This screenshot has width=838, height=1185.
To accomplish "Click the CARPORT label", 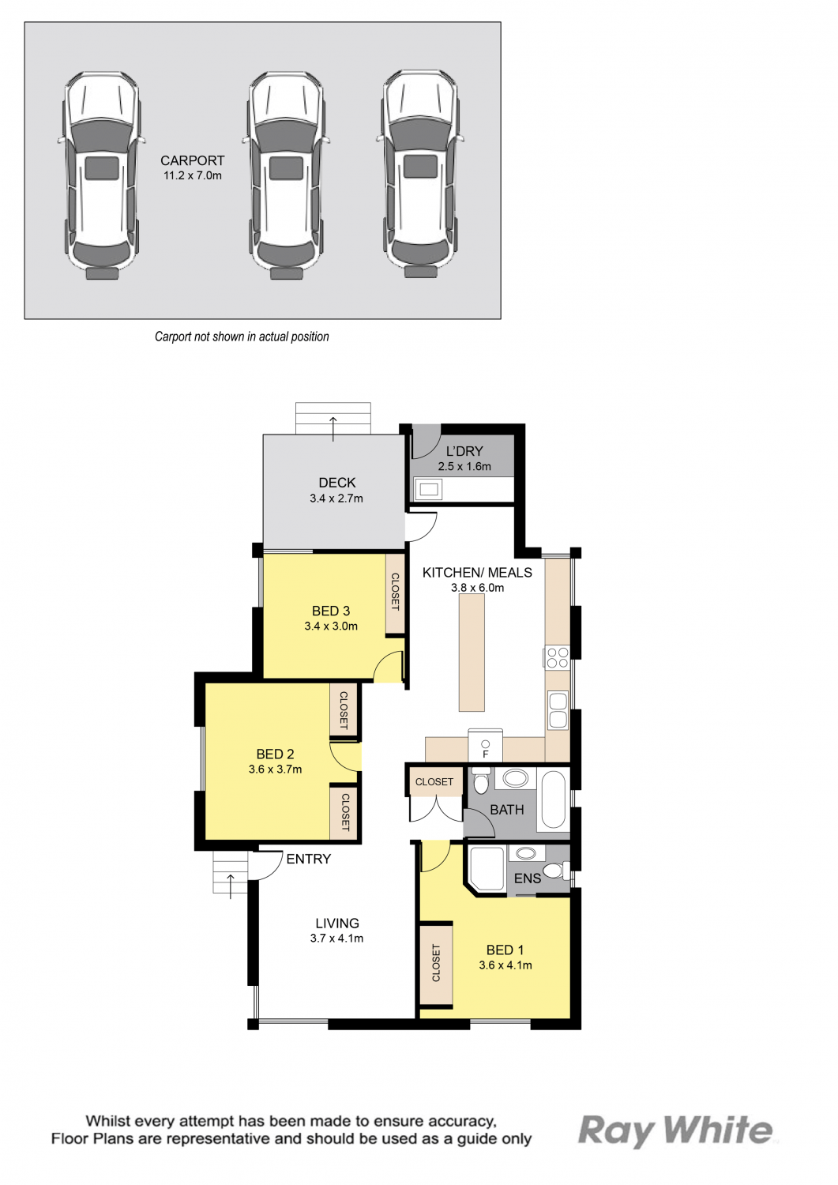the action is tap(192, 161).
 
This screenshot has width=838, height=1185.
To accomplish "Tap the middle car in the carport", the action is tap(286, 175).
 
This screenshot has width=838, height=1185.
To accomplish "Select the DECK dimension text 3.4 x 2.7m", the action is tap(336, 498).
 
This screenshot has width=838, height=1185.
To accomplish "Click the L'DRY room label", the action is tap(464, 451).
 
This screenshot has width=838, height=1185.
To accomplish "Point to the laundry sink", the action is tap(429, 489).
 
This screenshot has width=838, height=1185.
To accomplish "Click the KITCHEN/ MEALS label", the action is tap(477, 573).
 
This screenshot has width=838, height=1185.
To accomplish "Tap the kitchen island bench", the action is tap(472, 653).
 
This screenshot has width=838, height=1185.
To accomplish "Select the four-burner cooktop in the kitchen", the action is tap(557, 657).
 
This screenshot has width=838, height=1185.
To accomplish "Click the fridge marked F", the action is tap(485, 746).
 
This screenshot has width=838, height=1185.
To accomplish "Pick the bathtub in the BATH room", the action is tap(554, 799).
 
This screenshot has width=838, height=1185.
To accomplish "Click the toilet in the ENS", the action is tap(556, 870).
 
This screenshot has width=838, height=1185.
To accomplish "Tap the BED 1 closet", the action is tap(436, 964).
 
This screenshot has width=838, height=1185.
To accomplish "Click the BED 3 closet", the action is tap(395, 593).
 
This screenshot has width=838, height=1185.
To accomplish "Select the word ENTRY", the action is tap(309, 860).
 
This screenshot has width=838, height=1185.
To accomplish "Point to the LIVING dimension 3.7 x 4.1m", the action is tap(337, 939).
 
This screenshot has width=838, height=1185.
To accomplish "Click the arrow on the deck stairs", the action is tap(333, 429).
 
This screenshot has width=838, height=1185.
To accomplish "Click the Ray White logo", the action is tap(675, 1131).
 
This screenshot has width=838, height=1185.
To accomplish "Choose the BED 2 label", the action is tap(275, 754).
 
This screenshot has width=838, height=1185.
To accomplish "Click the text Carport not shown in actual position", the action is tap(242, 337).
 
